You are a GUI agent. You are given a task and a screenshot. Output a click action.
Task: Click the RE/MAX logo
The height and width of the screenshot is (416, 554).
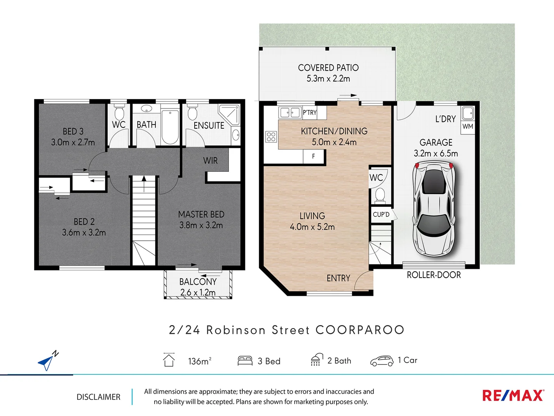(513, 396)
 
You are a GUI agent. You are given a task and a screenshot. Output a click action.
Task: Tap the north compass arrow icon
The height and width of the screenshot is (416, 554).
(47, 361)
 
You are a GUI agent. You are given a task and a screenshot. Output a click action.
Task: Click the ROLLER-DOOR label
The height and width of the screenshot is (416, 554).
(434, 275)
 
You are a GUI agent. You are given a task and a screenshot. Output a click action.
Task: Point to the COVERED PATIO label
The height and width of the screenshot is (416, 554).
(328, 68)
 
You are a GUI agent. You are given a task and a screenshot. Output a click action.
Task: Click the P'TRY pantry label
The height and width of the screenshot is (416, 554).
(309, 112)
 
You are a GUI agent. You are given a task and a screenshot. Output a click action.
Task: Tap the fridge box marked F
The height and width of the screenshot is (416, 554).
(314, 156)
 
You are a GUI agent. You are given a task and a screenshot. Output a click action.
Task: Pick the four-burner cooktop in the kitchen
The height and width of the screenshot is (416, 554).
(271, 137)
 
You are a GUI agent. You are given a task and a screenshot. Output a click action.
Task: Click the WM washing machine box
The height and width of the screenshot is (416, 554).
(468, 126)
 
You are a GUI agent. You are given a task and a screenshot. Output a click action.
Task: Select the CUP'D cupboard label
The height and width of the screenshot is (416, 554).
(381, 215)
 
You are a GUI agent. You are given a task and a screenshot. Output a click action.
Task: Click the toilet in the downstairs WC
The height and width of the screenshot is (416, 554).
(380, 195)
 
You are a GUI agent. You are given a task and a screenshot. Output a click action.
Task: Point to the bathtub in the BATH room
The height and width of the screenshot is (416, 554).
(170, 127)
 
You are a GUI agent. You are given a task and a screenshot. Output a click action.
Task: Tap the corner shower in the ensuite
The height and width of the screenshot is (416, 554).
(229, 114)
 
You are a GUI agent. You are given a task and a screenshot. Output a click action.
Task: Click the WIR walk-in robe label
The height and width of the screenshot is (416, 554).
(210, 161)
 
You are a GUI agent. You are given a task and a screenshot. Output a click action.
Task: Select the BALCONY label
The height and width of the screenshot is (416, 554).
(198, 282)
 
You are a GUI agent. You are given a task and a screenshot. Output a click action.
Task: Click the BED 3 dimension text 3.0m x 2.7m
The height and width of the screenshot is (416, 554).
(73, 142)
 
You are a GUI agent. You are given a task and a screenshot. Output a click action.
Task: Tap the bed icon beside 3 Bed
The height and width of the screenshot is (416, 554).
(245, 361)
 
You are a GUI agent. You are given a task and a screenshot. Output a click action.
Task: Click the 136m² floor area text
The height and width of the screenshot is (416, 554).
(199, 361)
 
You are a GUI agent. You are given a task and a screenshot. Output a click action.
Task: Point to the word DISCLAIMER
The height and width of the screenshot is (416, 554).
(98, 397)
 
